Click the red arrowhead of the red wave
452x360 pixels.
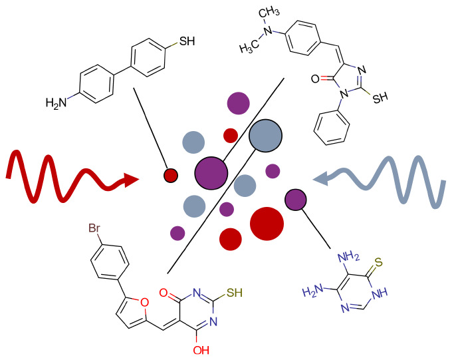coord(132,179)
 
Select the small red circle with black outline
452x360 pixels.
coord(170,175)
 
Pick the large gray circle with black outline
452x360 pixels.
coord(266,136)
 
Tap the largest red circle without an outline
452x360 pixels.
coord(267,223)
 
